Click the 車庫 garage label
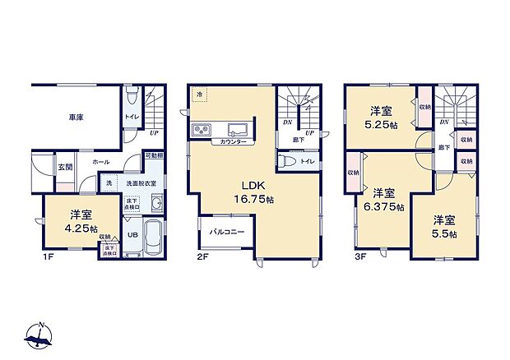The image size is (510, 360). coord(75,118)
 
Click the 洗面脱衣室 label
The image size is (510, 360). coord(142,182)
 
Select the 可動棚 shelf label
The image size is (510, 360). coord(154,155)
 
